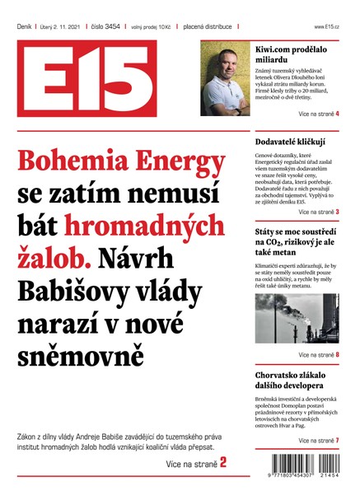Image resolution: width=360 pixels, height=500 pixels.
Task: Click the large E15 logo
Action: (x=103, y=79)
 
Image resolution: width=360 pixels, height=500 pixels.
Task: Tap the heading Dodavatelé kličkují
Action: (x=290, y=142)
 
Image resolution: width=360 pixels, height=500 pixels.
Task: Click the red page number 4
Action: (x=337, y=113)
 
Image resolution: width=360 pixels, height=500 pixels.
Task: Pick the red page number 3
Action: (x=337, y=212)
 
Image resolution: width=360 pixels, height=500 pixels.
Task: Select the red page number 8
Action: (x=337, y=355)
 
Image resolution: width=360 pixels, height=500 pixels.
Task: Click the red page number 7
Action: (x=337, y=441)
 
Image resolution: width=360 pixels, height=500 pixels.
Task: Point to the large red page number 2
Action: (x=222, y=464)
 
